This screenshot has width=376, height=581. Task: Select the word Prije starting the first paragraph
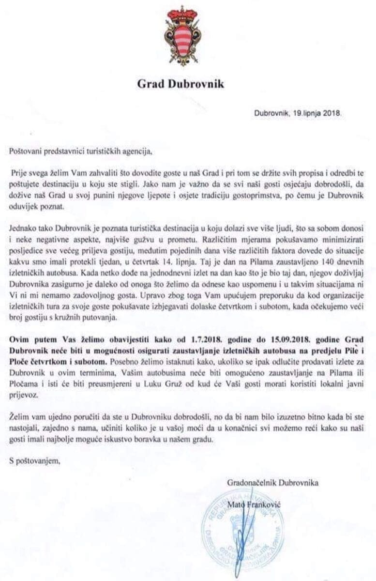(x=19, y=172)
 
